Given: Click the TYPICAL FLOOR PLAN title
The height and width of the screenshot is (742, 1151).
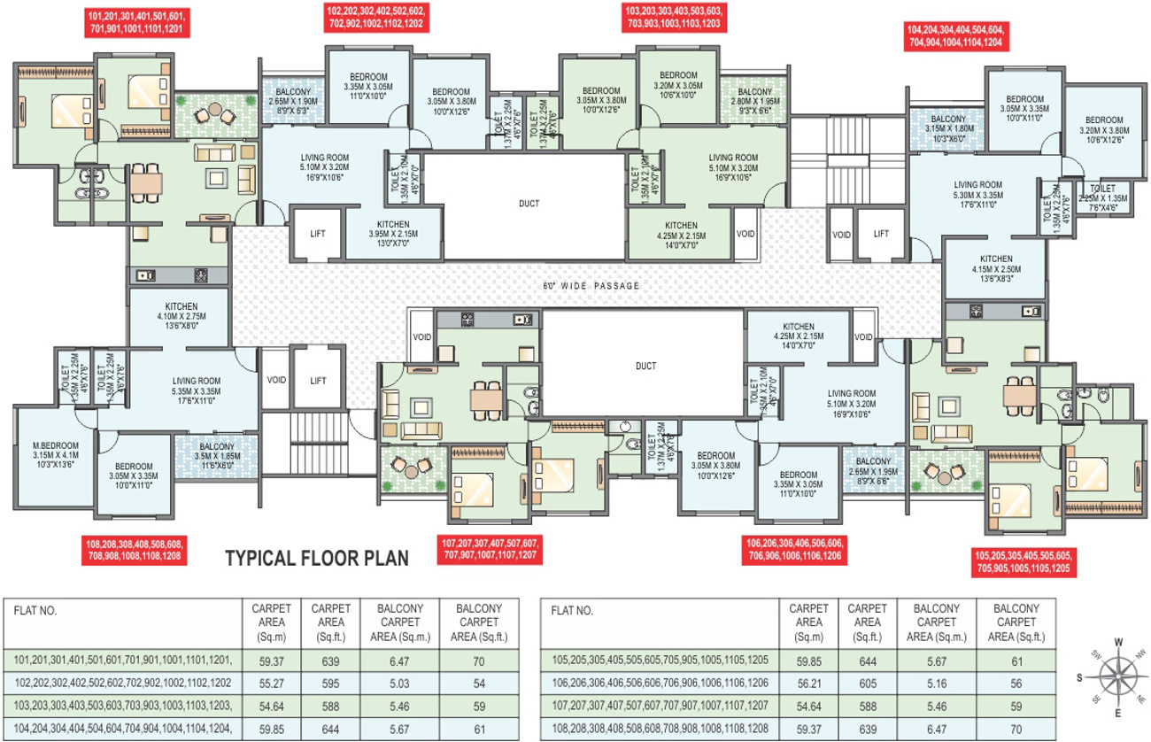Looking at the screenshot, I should pyautogui.click(x=316, y=559).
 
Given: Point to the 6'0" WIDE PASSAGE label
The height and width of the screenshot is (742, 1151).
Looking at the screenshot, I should pyautogui.click(x=591, y=286).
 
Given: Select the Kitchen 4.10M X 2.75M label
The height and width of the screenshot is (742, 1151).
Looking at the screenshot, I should pyautogui.click(x=180, y=315).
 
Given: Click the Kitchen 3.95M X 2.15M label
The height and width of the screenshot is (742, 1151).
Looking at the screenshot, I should pyautogui.click(x=392, y=234).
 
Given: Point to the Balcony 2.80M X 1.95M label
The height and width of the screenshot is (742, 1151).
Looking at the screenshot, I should pyautogui.click(x=754, y=101).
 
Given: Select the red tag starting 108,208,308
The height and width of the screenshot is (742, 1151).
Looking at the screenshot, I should pyautogui.click(x=135, y=552).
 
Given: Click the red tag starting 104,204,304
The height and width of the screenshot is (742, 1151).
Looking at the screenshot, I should pyautogui.click(x=954, y=35).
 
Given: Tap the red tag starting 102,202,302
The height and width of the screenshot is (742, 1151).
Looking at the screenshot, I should pyautogui.click(x=376, y=18).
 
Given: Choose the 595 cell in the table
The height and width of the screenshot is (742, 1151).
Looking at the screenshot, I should pyautogui.click(x=330, y=683).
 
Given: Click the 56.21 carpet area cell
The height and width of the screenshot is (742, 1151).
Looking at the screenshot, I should pyautogui.click(x=808, y=683).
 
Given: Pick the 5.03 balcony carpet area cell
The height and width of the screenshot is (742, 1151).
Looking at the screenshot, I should pyautogui.click(x=399, y=683).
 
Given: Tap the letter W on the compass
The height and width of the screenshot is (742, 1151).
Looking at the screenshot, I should pyautogui.click(x=1118, y=642).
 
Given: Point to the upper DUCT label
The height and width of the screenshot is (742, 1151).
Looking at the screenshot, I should pyautogui.click(x=529, y=204).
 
